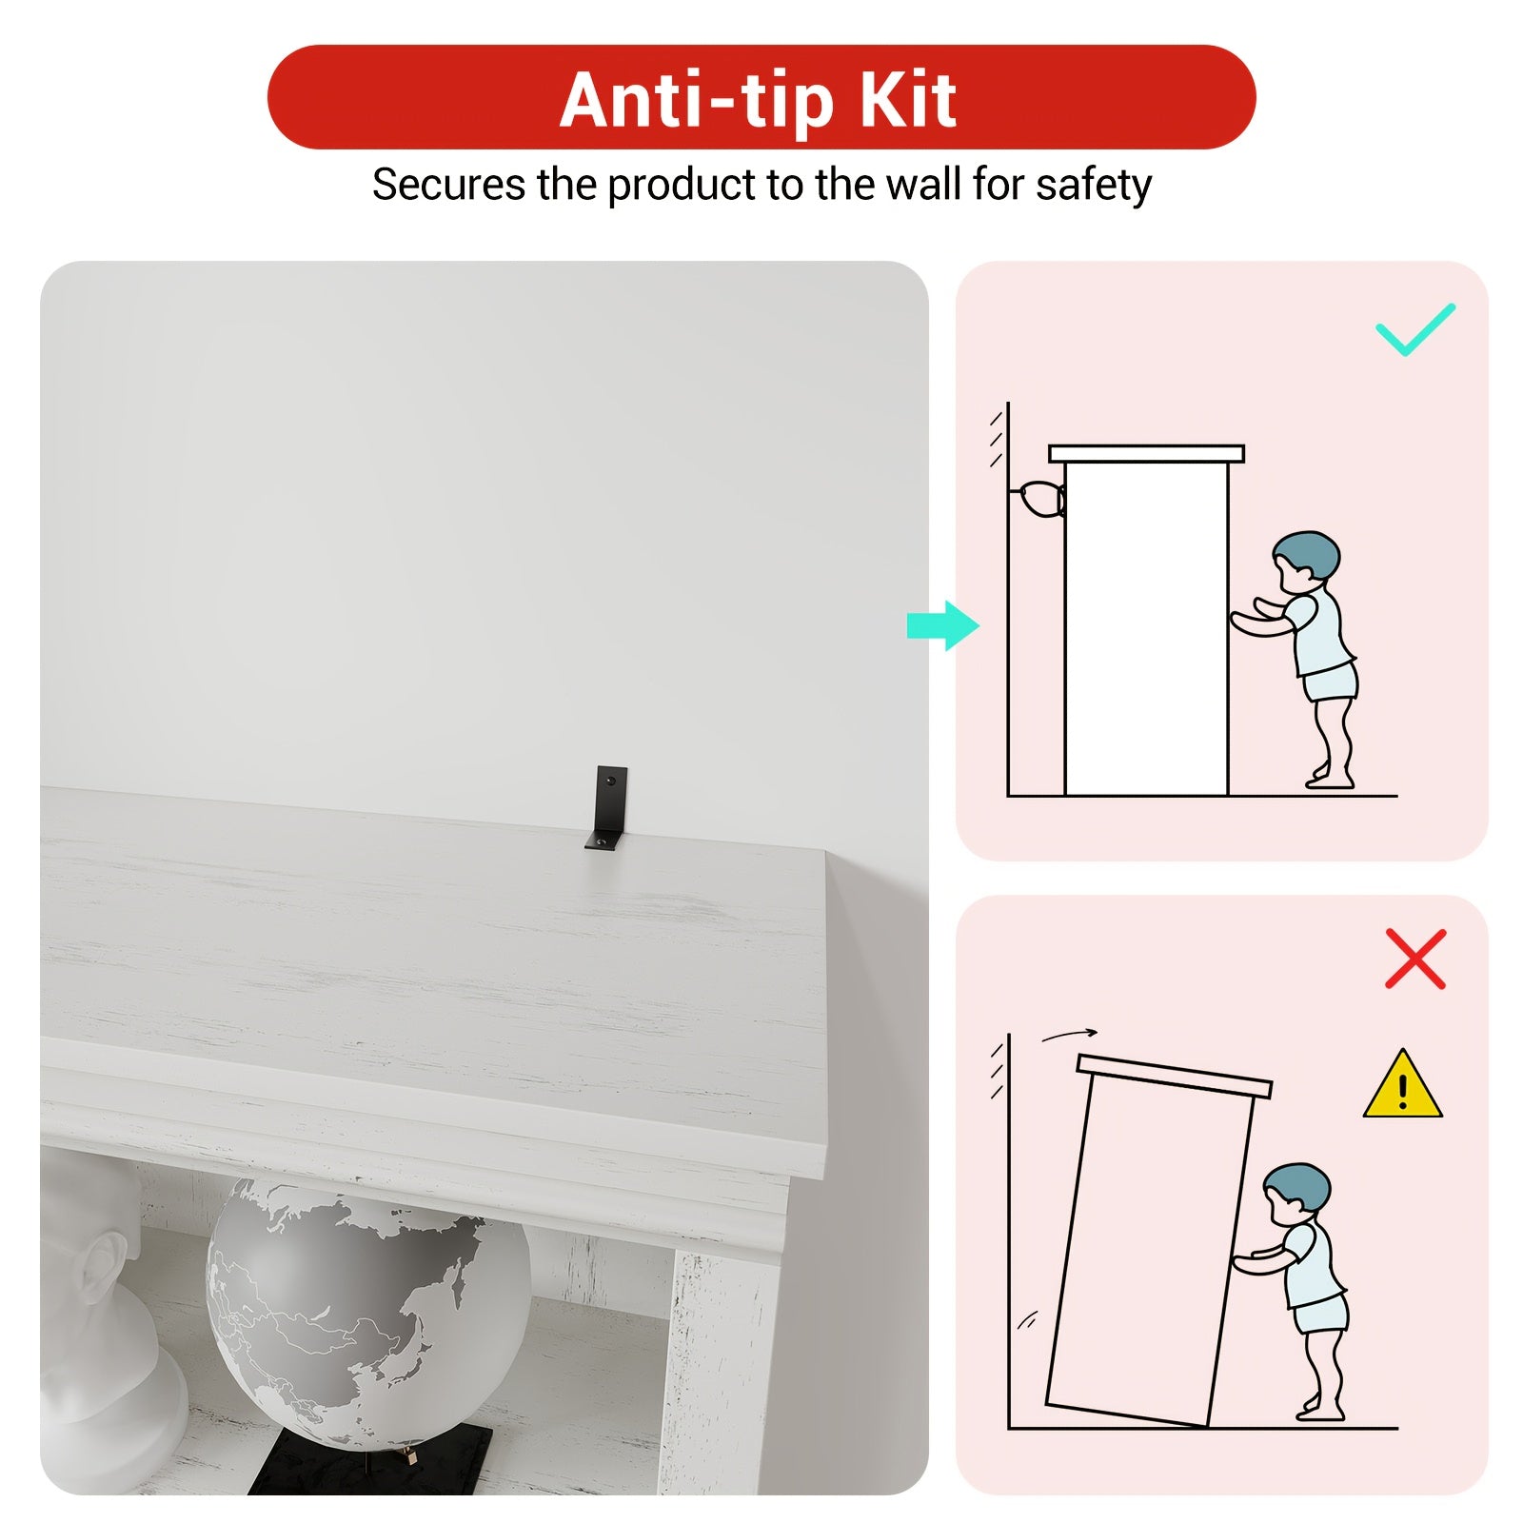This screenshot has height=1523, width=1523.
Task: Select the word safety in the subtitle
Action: pyautogui.click(x=1094, y=186)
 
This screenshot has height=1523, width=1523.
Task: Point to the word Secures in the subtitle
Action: pyautogui.click(x=448, y=185)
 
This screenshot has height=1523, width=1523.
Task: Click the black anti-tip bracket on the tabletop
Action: pyautogui.click(x=605, y=808)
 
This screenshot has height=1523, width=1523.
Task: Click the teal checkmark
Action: pyautogui.click(x=1415, y=329)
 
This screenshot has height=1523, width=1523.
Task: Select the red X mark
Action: pyautogui.click(x=1415, y=959)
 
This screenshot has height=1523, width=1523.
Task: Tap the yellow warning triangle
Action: pyautogui.click(x=1402, y=1084)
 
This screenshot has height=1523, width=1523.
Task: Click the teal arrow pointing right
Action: pyautogui.click(x=943, y=625)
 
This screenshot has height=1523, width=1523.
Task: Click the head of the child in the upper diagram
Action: pyautogui.click(x=1305, y=562)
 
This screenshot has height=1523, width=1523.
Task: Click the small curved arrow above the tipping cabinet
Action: pyautogui.click(x=1069, y=1035)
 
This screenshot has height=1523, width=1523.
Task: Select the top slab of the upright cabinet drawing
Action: pyautogui.click(x=1146, y=454)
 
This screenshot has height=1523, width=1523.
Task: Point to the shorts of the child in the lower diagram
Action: pyautogui.click(x=1321, y=1314)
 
